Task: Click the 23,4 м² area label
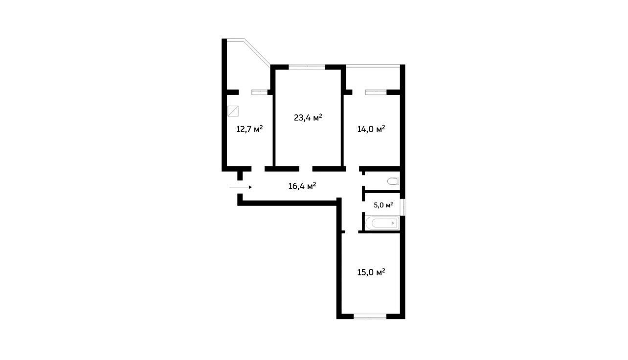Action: tap(308, 117)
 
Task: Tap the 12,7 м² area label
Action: tap(249, 129)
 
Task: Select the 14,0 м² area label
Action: tap(371, 129)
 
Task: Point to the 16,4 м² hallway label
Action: tap(302, 186)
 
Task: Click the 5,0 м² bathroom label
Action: tap(383, 205)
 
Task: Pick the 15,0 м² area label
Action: tap(371, 272)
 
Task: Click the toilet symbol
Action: tap(393, 181)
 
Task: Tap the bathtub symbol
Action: tap(382, 223)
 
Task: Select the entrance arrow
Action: tap(241, 187)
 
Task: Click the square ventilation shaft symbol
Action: tap(233, 111)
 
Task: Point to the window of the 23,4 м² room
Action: tap(307, 67)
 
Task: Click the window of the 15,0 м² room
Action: tap(370, 316)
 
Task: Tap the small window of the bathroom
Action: tap(404, 207)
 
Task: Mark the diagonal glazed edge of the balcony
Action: tap(257, 52)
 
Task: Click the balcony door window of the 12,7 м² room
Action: tap(260, 92)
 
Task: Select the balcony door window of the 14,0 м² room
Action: tap(376, 92)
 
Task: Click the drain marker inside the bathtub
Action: tap(393, 223)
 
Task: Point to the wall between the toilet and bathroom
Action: tap(382, 192)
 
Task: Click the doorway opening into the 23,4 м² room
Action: tap(306, 169)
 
